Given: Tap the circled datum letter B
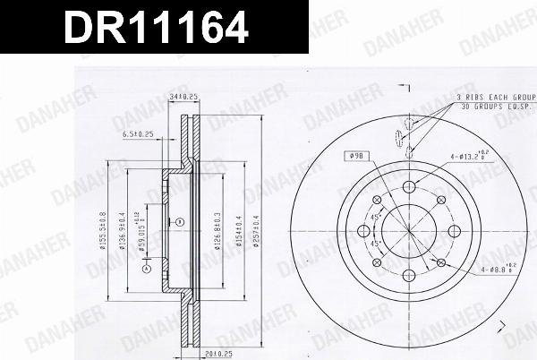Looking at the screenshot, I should (180, 221).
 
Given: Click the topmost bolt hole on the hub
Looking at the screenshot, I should (408, 185).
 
